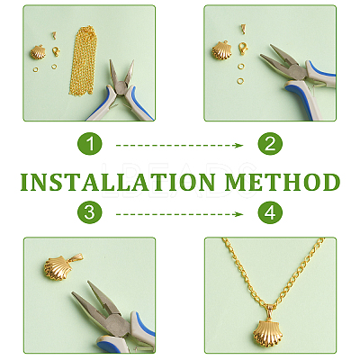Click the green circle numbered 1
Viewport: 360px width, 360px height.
point(90,143)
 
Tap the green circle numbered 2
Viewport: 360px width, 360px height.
point(270,143)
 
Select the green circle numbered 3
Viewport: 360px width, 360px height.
point(90,212)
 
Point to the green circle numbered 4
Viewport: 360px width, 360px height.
point(270,212)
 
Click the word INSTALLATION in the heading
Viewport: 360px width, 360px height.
point(118,182)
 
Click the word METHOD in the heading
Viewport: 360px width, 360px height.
point(283,182)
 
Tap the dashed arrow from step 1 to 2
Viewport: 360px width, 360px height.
point(179,146)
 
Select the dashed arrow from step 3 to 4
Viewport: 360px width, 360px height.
point(179,214)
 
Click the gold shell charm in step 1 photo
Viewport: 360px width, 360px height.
point(38,52)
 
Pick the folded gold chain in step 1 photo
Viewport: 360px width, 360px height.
point(84,61)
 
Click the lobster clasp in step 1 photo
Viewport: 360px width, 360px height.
point(56,51)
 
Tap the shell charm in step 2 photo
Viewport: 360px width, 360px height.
point(221,50)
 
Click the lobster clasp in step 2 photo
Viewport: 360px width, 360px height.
point(243,49)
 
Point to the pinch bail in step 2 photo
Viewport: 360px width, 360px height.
point(243,30)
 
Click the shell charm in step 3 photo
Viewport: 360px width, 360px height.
point(57,268)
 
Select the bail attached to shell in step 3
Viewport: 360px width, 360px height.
point(76,257)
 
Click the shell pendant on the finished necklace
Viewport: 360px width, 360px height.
point(265,333)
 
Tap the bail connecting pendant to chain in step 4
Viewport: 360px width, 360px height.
point(271,311)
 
